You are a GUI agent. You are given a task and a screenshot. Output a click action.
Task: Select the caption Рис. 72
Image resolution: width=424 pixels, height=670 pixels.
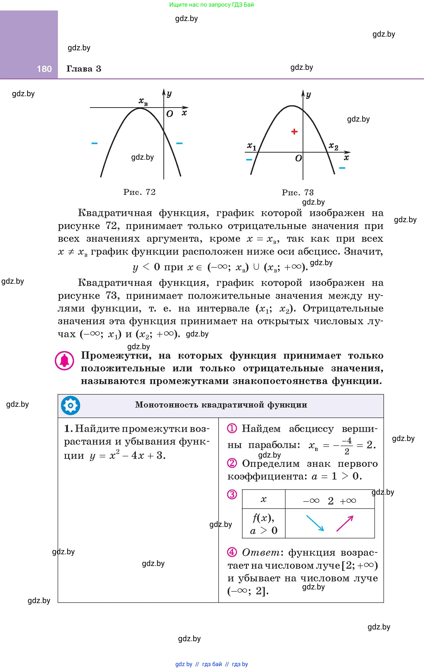click(x=139, y=192)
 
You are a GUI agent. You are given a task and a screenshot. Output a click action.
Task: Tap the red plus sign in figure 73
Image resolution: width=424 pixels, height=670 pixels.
click(x=294, y=132)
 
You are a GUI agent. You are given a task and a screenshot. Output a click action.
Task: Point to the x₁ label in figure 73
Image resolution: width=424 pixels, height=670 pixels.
click(x=252, y=146)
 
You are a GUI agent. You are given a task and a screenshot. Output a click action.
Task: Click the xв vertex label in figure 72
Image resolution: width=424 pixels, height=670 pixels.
click(x=143, y=102)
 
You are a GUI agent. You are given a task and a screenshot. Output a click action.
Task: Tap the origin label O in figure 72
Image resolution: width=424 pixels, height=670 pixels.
click(x=170, y=114)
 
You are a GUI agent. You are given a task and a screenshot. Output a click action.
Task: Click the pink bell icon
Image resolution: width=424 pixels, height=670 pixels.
click(x=64, y=361)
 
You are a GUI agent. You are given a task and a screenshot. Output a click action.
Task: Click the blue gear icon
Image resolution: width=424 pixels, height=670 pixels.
click(x=70, y=405)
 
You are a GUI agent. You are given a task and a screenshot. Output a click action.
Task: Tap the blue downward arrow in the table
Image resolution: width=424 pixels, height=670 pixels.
click(x=315, y=523)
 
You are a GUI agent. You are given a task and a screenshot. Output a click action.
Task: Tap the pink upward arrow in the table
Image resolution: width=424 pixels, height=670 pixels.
click(x=345, y=523)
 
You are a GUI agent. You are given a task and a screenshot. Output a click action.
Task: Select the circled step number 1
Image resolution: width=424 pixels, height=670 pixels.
click(x=232, y=429)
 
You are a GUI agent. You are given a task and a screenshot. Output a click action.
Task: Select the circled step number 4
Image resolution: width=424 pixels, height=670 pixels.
click(x=232, y=552)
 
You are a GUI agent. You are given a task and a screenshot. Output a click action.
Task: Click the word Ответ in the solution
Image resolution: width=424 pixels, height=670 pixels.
click(x=261, y=552)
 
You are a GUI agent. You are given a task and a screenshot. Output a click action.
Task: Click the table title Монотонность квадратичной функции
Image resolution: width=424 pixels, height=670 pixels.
click(x=221, y=405)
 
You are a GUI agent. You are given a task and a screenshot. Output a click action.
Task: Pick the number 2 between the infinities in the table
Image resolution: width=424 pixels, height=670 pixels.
click(x=330, y=501)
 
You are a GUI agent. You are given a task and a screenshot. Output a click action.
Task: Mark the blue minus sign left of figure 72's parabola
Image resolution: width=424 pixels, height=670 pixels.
click(x=94, y=143)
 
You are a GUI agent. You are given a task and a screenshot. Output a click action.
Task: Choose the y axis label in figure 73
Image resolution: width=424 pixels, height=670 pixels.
click(x=308, y=95)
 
